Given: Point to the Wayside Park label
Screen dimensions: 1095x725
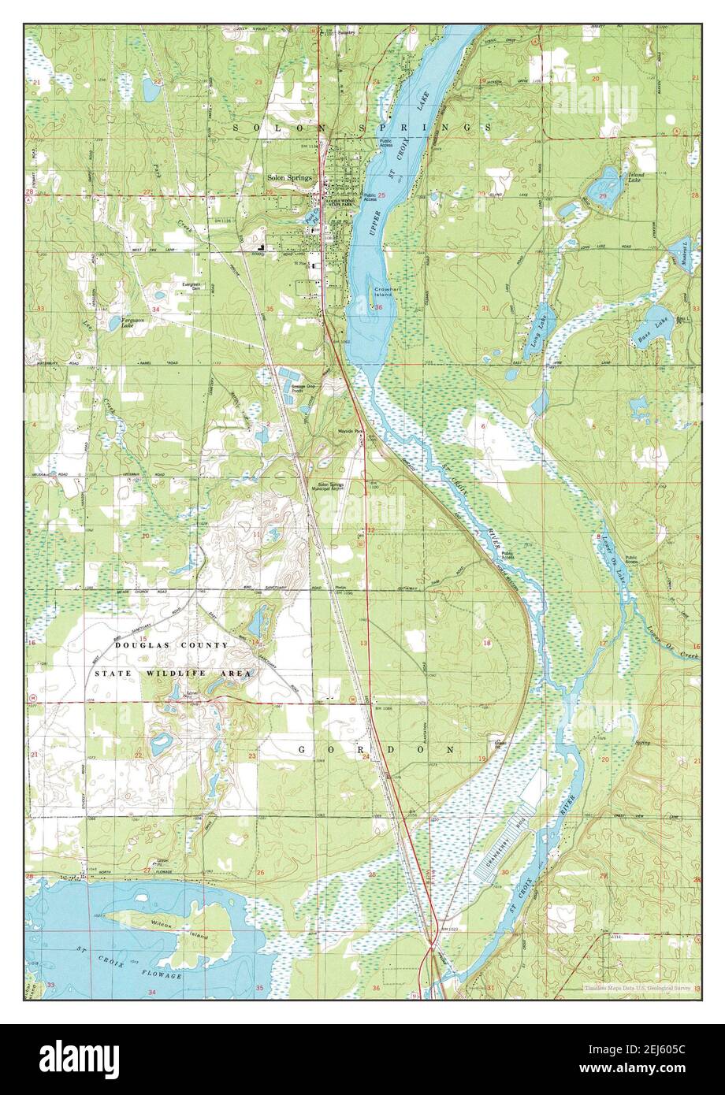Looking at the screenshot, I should [x=350, y=432].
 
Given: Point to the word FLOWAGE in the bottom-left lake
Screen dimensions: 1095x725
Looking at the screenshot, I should [x=163, y=975].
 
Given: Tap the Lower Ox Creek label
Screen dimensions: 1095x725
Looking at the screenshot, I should [x=676, y=640].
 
